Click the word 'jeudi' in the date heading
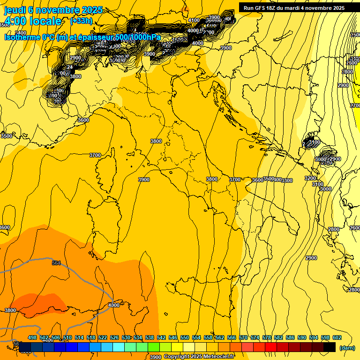tap(15, 9)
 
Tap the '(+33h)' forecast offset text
tap(81, 21)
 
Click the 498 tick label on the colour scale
tap(32, 337)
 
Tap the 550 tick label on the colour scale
tap(184, 337)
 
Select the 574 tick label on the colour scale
tap(255, 337)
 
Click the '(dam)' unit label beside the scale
tap(347, 347)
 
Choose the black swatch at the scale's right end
tap(329, 347)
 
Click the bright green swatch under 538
tap(153, 347)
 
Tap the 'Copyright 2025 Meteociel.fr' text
tap(198, 357)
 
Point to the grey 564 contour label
tap(56, 263)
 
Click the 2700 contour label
tap(355, 105)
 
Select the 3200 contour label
tap(310, 178)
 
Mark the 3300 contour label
tap(287, 180)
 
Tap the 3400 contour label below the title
tap(21, 33)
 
